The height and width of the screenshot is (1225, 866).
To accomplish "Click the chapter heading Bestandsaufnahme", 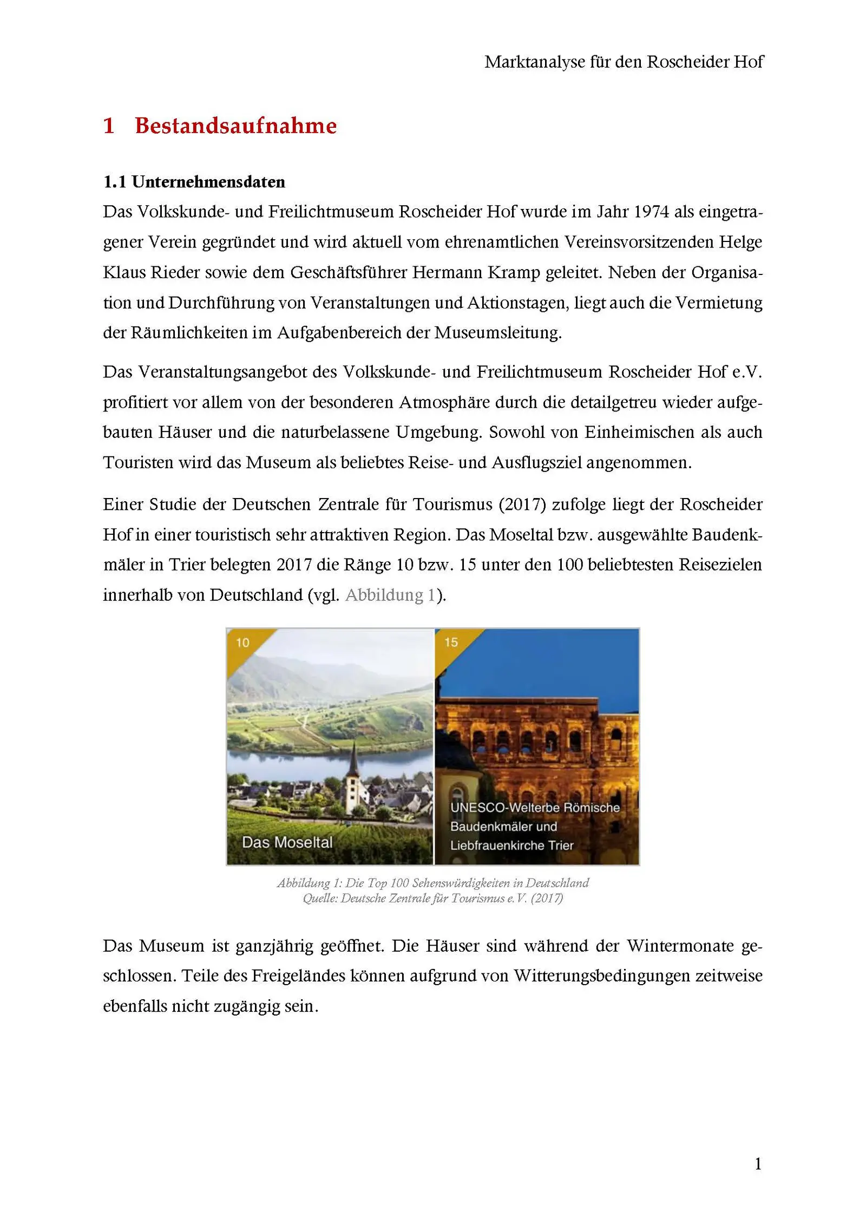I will point(235,126).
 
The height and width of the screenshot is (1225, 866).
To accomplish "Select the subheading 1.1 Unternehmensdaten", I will point(194,182).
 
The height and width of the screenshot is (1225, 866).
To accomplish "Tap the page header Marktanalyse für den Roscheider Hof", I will point(624,62).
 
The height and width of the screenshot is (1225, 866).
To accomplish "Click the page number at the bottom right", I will point(758,1163).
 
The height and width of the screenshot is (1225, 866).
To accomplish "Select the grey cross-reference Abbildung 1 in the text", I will point(390,595).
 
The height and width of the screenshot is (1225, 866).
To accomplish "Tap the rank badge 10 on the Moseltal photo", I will point(242,643).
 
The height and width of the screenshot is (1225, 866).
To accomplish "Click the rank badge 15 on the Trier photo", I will point(451,642).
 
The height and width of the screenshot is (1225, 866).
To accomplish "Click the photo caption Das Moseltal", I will point(287,842).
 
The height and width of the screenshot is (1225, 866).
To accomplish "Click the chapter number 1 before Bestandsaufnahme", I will point(109,126).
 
